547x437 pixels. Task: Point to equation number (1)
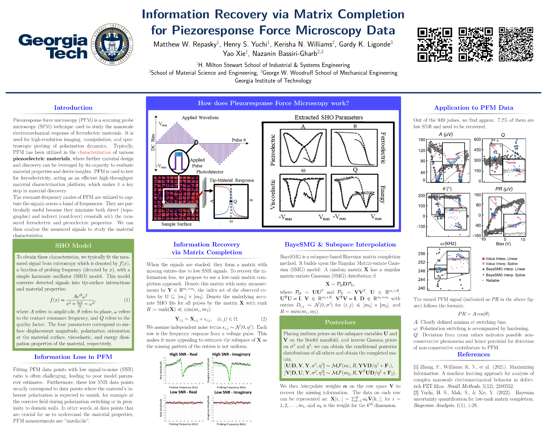click(x=127, y=300)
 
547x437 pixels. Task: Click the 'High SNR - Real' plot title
click(x=183, y=354)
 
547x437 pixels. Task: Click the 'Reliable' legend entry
click(x=492, y=280)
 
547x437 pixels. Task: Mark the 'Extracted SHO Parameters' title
click(x=329, y=117)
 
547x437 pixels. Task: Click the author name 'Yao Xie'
click(x=234, y=53)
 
